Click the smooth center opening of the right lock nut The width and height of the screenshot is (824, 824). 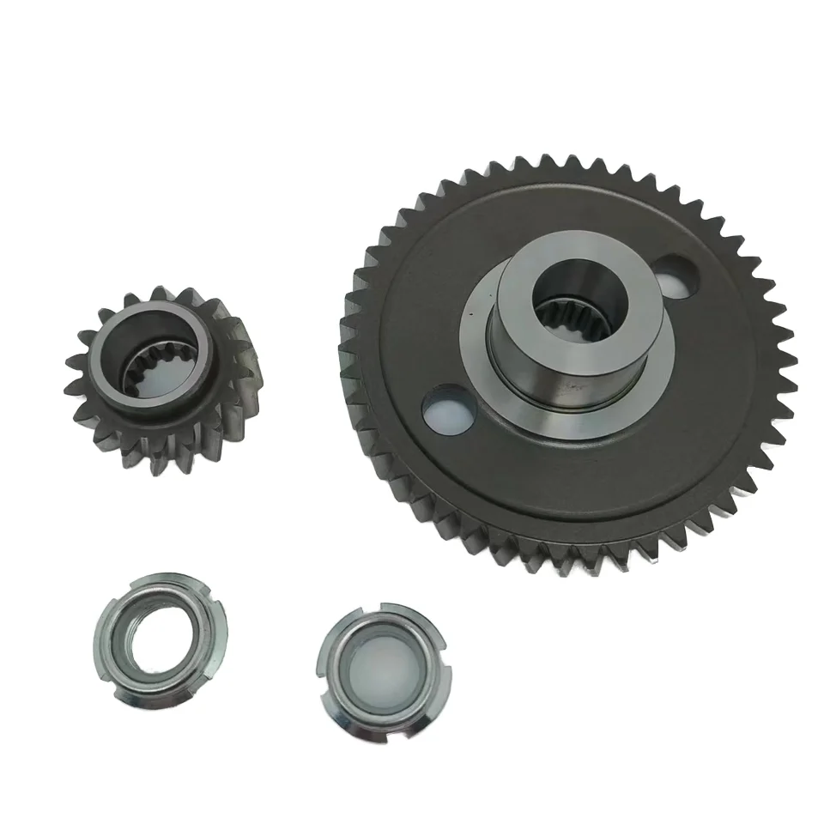(x=382, y=665)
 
